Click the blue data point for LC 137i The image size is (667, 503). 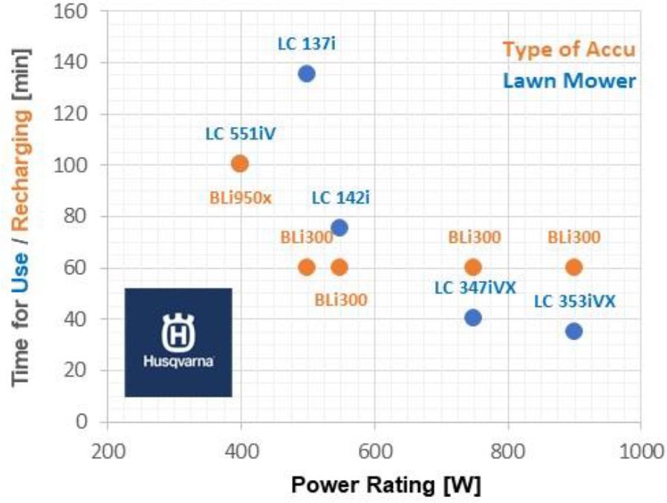[x=306, y=74]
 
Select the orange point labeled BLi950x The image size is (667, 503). [x=239, y=163]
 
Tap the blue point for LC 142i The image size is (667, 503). [x=339, y=227]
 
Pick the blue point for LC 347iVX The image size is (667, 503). [x=472, y=318]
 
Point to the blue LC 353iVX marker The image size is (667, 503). [x=573, y=331]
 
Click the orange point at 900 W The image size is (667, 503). [x=573, y=267]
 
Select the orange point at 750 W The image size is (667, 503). [x=472, y=267]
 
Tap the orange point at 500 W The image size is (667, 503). [x=306, y=267]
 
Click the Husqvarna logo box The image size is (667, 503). [x=178, y=342]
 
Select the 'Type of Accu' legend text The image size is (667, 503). [x=568, y=50]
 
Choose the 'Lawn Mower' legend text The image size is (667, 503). [x=570, y=80]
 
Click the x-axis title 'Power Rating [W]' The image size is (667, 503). [x=385, y=485]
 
